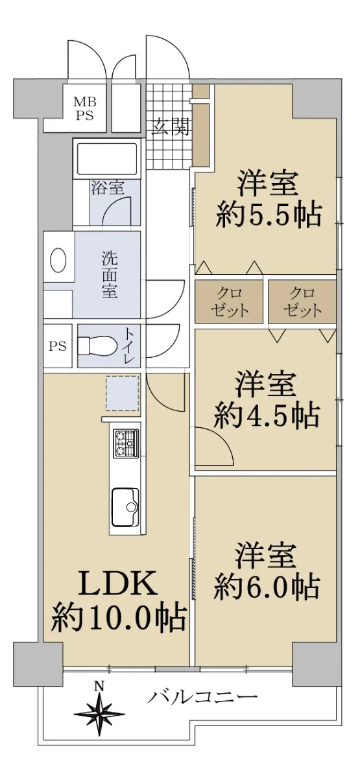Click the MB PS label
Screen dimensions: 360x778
[x=84, y=108]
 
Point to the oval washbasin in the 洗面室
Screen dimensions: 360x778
[x=58, y=260]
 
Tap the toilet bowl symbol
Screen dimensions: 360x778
[x=96, y=346]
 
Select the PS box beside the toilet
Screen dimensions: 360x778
[x=57, y=346]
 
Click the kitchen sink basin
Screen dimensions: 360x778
[x=125, y=508]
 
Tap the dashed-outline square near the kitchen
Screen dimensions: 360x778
[x=123, y=393]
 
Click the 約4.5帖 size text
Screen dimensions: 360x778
[x=267, y=415]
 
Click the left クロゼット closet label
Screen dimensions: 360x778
[x=229, y=301]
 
